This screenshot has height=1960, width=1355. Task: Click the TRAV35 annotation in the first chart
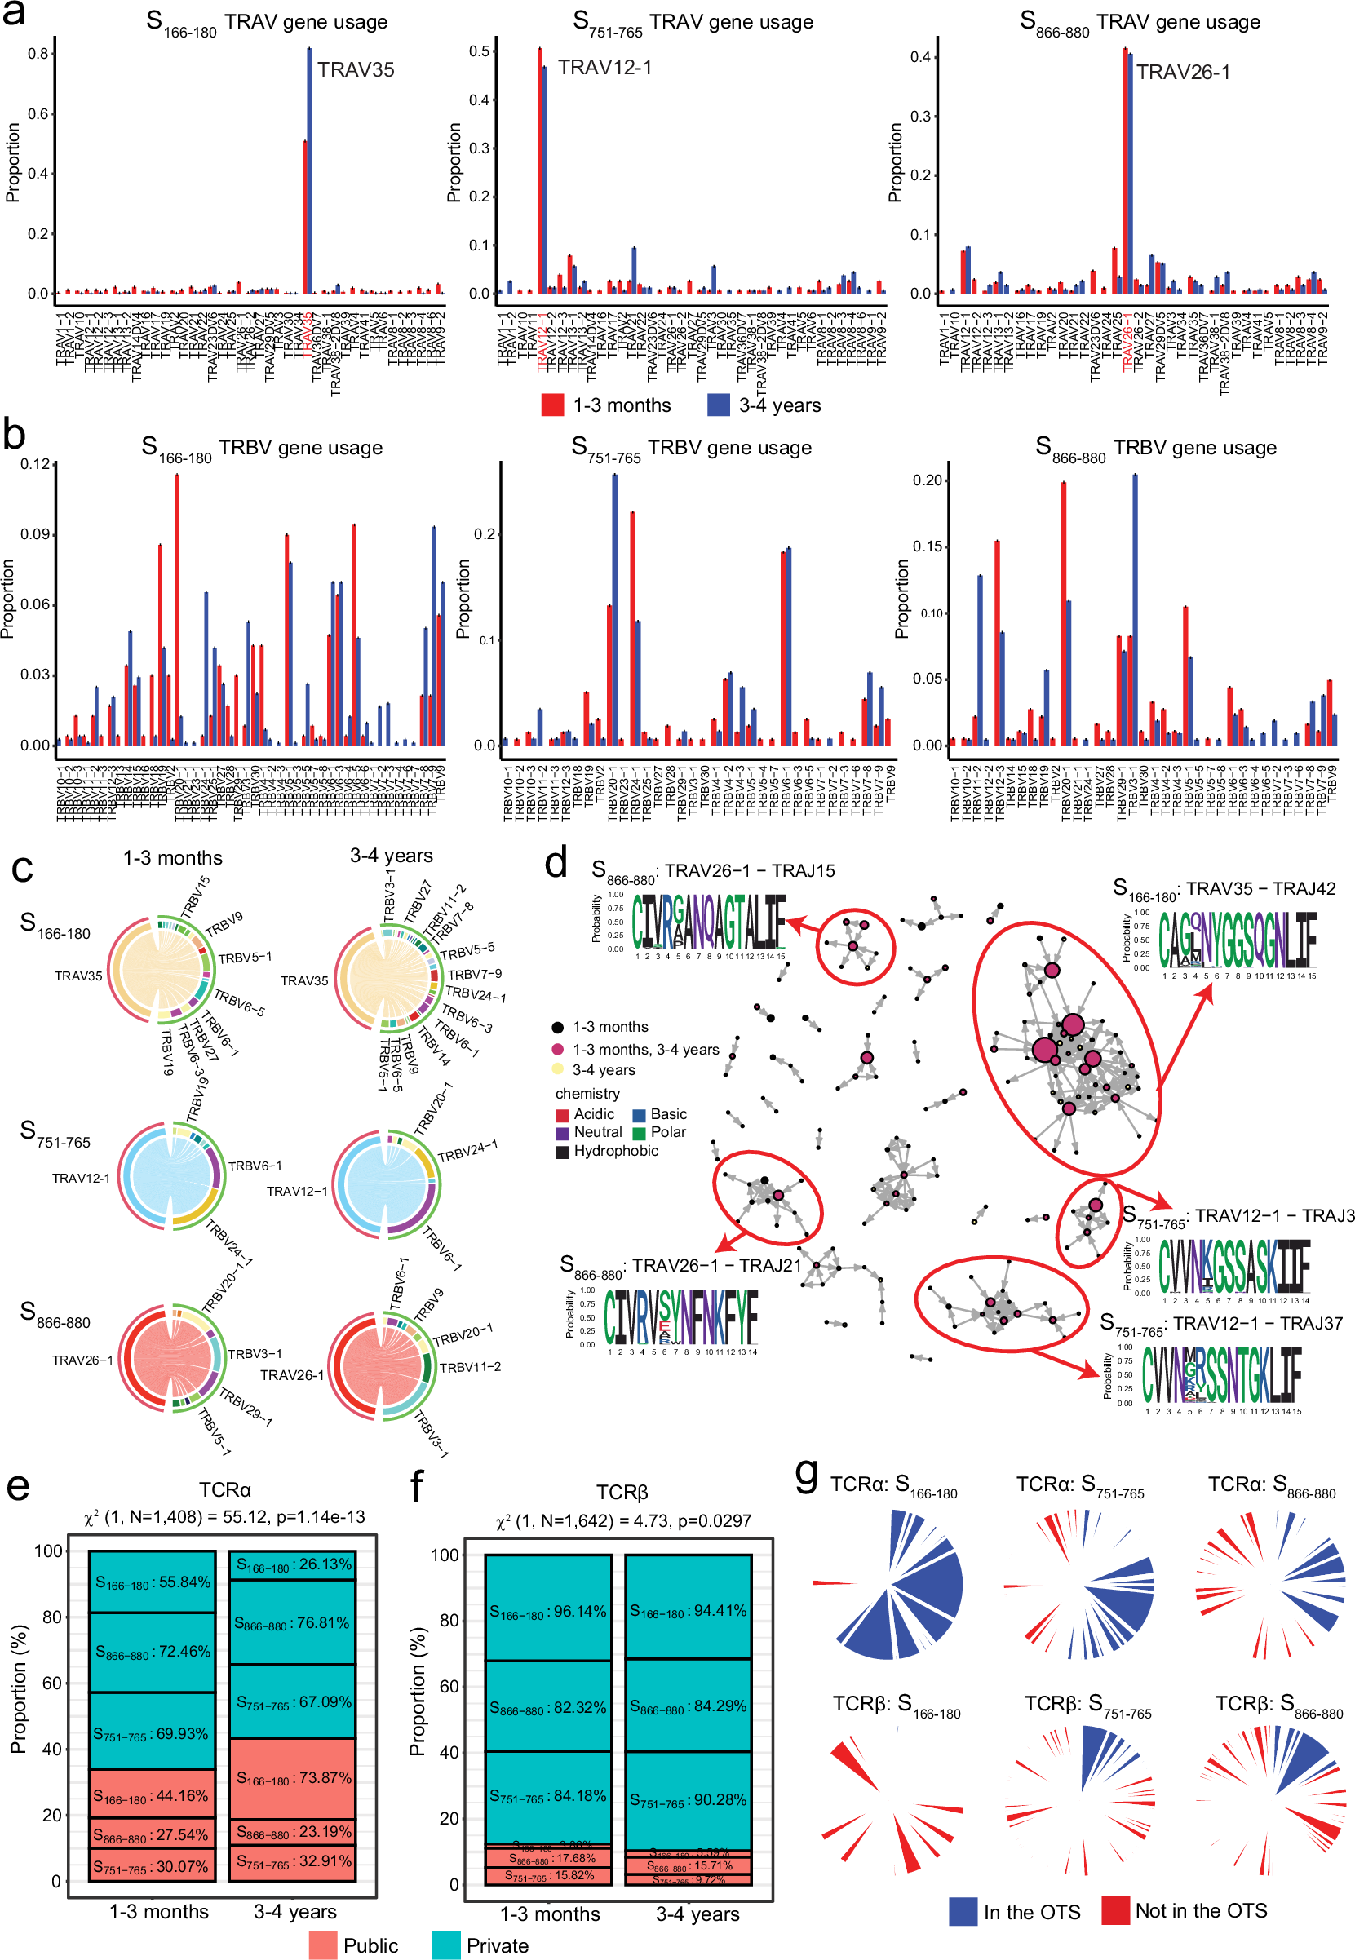(x=356, y=69)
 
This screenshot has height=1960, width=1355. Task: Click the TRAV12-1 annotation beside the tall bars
(x=604, y=67)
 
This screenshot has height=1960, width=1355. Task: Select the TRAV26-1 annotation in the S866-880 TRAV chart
(x=1183, y=72)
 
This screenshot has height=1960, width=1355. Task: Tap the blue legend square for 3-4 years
(x=718, y=405)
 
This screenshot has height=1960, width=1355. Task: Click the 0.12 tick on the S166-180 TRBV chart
(x=36, y=464)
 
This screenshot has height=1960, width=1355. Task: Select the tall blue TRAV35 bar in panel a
(x=309, y=170)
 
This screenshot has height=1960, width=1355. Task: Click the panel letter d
(x=556, y=863)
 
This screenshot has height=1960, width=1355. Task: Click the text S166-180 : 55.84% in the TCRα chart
(x=152, y=1582)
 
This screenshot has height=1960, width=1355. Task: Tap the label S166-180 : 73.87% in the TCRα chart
(x=293, y=1777)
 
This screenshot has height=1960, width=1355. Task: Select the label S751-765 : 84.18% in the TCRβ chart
(x=547, y=1795)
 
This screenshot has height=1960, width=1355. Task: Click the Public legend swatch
(x=322, y=1945)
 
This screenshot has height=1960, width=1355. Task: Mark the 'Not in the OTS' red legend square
(x=1114, y=1911)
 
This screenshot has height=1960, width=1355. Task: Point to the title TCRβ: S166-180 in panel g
(x=896, y=1704)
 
